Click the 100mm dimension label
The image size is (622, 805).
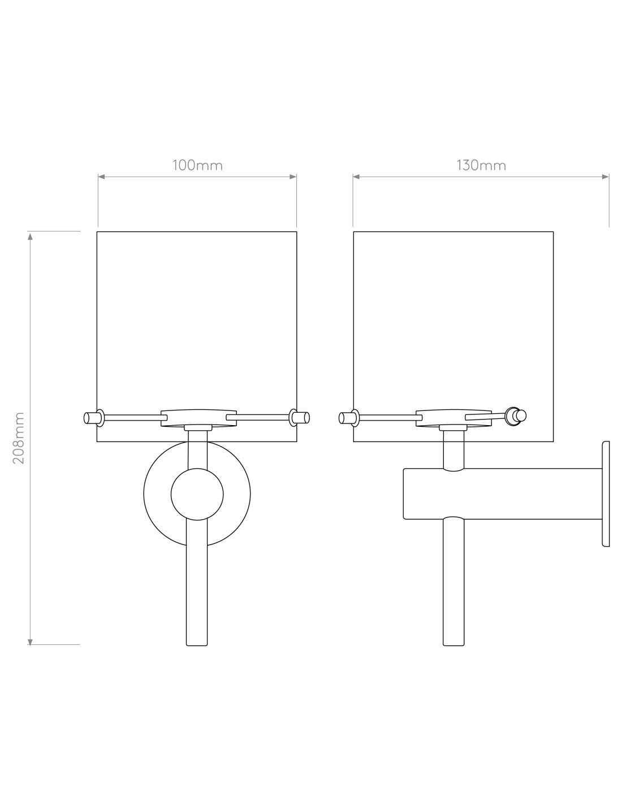click(197, 165)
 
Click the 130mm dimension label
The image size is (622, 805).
click(481, 165)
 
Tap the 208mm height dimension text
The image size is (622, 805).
click(19, 438)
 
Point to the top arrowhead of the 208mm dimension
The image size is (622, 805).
click(31, 236)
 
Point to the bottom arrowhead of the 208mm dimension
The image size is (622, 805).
click(31, 643)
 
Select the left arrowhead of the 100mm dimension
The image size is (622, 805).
click(102, 177)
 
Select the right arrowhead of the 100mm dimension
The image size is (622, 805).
click(293, 177)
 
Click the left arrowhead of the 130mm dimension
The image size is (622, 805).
click(356, 177)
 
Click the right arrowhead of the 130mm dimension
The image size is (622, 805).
click(605, 177)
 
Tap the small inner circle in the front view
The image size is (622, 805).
click(197, 494)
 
